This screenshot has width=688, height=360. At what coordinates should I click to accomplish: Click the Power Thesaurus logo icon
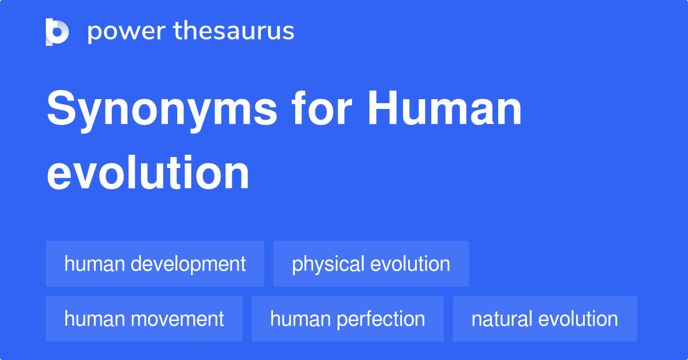pos(57,32)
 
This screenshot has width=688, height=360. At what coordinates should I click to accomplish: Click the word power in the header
pos(127,32)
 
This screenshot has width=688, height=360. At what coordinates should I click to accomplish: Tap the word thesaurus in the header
pos(234,30)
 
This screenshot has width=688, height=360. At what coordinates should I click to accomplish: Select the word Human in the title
pos(444,108)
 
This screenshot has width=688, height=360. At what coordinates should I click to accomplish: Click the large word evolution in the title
pos(148,173)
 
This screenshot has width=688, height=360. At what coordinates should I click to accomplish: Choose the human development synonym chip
pos(155,264)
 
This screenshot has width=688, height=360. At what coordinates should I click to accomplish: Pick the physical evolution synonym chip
pos(371,264)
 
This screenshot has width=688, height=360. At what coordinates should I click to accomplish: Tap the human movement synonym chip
pos(144,319)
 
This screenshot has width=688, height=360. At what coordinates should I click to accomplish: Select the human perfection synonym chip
pos(347,319)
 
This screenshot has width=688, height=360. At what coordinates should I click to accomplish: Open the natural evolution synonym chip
pos(545,319)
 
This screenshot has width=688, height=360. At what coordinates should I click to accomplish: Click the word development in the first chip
pos(188,264)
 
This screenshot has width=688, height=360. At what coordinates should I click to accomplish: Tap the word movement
pos(178,319)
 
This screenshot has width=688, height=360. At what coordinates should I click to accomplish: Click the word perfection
pos(381,319)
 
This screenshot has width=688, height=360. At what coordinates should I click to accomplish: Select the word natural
pos(502,319)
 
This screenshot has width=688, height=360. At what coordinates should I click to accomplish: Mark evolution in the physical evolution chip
pos(411,264)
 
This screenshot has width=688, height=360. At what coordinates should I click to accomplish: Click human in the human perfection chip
pos(300,319)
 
